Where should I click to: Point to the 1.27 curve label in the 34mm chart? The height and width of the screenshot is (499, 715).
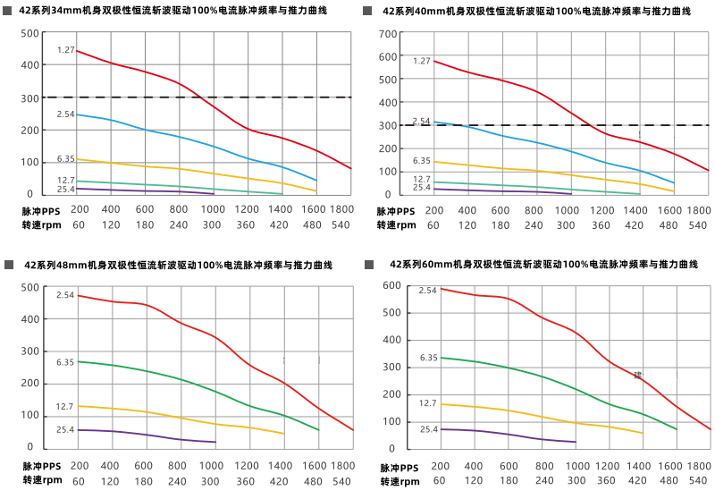click(65, 50)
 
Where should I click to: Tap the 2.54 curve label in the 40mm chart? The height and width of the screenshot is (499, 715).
click(421, 121)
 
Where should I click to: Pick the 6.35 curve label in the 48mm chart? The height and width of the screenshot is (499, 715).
click(65, 362)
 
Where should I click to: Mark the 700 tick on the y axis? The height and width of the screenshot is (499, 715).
click(387, 34)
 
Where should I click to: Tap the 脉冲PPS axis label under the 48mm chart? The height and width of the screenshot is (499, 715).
click(38, 466)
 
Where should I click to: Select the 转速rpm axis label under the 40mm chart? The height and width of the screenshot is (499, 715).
click(395, 225)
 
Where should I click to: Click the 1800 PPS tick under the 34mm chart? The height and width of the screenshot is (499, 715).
click(341, 210)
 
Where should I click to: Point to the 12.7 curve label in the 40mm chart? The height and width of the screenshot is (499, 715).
click(422, 180)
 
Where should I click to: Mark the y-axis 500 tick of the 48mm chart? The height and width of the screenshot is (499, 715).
click(29, 287)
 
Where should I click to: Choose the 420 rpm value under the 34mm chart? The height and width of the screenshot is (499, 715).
click(279, 225)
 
